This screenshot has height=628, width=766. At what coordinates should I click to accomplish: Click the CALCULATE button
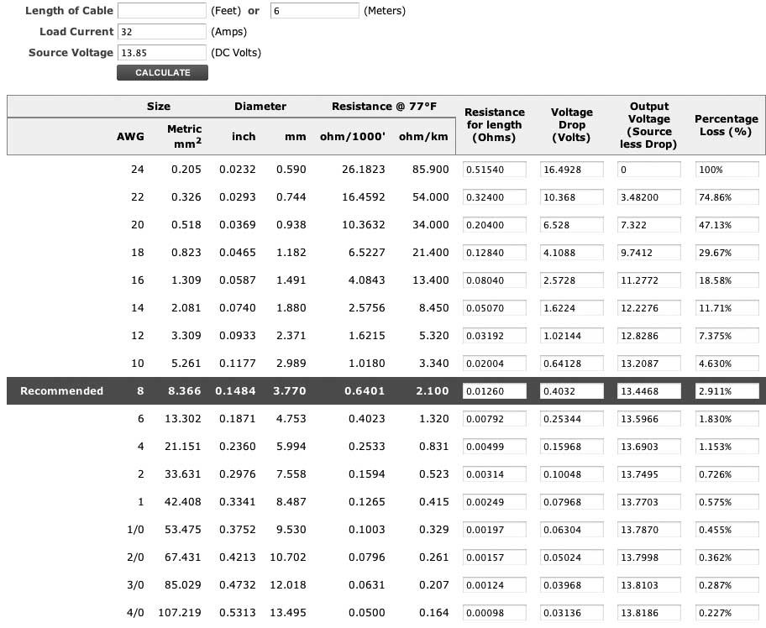pyautogui.click(x=162, y=73)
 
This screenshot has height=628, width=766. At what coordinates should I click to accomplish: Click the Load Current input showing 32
pyautogui.click(x=162, y=31)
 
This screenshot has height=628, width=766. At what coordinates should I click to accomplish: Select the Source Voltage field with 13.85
pyautogui.click(x=162, y=52)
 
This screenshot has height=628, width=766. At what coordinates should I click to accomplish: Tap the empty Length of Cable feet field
pyautogui.click(x=162, y=11)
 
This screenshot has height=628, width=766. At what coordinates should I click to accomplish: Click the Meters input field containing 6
pyautogui.click(x=315, y=11)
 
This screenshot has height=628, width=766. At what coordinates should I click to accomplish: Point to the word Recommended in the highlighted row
pyautogui.click(x=61, y=390)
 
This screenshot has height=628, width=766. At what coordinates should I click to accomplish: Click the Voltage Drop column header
pyautogui.click(x=572, y=125)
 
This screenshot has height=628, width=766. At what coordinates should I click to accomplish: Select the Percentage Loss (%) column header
pyautogui.click(x=727, y=125)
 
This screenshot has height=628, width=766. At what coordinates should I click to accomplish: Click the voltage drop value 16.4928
pyautogui.click(x=572, y=170)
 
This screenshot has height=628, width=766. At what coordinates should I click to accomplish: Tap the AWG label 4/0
pyautogui.click(x=135, y=613)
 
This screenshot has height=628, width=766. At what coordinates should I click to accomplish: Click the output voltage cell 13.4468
pyautogui.click(x=649, y=391)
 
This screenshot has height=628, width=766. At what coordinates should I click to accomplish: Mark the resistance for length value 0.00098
pyautogui.click(x=494, y=613)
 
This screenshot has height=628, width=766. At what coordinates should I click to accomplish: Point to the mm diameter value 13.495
pyautogui.click(x=291, y=613)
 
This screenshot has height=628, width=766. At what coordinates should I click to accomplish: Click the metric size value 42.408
pyautogui.click(x=184, y=502)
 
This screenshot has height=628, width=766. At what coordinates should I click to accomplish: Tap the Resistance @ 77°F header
pyautogui.click(x=384, y=107)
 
